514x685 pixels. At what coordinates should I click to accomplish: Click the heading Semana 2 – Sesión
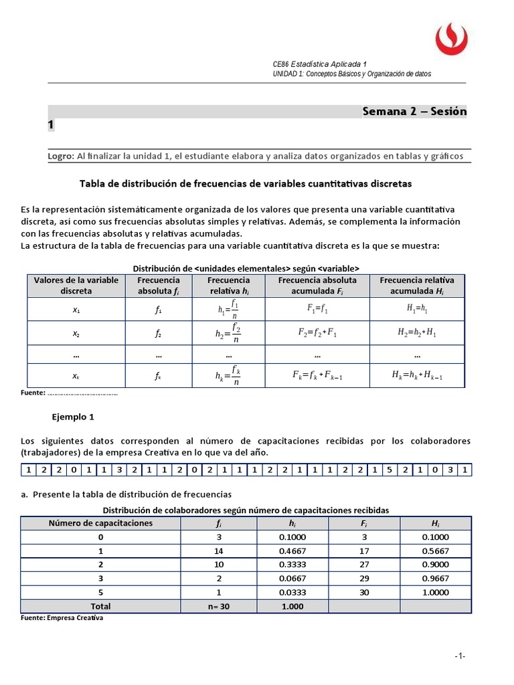tap(414, 111)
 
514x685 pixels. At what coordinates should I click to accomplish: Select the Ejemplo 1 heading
tap(73, 416)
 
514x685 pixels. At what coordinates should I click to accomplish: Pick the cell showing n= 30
tap(218, 606)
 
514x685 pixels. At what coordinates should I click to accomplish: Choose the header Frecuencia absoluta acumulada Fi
tap(317, 286)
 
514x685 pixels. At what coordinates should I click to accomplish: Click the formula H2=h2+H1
tap(417, 332)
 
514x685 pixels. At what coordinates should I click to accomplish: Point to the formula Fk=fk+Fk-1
tap(317, 375)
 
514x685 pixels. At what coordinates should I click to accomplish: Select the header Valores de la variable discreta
tap(76, 286)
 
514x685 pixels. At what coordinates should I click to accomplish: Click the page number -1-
tap(459, 656)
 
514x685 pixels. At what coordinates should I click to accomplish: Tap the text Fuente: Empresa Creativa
tap(62, 618)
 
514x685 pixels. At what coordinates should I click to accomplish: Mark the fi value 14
tap(218, 551)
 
